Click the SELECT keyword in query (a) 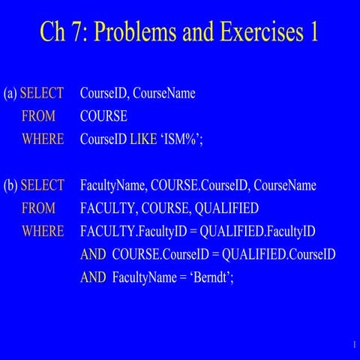(x=42, y=94)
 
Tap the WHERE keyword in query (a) (x=43, y=139)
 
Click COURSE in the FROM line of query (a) (x=103, y=117)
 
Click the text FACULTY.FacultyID (x=133, y=232)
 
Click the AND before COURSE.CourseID (x=93, y=254)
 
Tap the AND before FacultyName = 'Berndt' (x=93, y=277)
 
